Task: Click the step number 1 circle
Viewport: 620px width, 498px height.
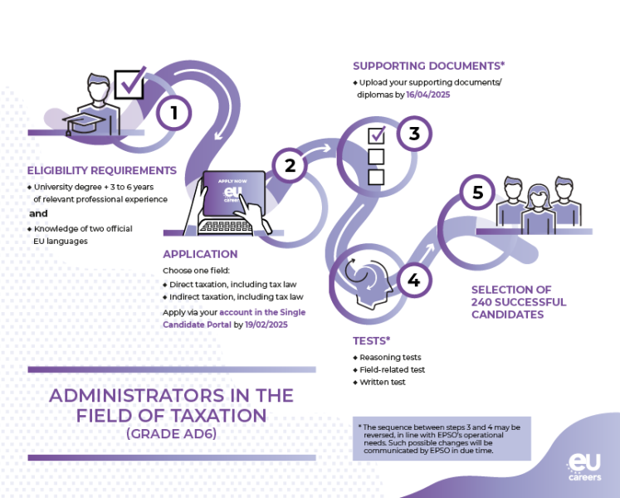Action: click(x=173, y=113)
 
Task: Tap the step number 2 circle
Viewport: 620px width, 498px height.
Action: click(x=290, y=165)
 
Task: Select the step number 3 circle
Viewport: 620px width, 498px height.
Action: click(x=414, y=133)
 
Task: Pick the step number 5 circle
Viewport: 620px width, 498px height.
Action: click(x=477, y=193)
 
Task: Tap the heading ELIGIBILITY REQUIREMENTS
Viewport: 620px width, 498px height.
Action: click(x=102, y=171)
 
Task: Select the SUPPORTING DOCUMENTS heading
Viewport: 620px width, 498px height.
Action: click(x=428, y=66)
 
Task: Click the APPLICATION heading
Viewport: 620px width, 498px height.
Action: click(x=200, y=254)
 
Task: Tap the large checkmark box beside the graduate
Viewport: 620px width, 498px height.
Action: click(x=129, y=83)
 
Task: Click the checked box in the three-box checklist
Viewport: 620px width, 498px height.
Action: click(x=376, y=134)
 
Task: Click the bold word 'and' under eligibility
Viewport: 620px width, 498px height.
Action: click(x=39, y=213)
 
